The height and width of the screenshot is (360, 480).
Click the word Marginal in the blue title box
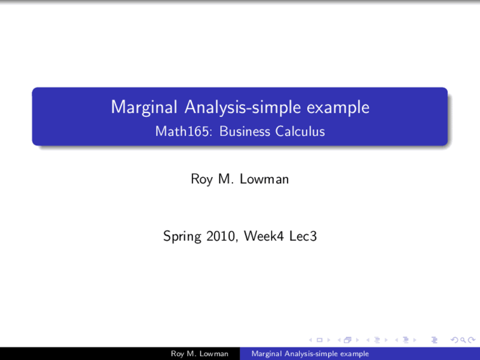click(144, 108)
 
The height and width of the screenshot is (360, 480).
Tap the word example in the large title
click(338, 108)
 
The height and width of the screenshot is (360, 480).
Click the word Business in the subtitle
click(244, 132)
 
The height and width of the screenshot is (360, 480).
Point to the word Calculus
click(300, 132)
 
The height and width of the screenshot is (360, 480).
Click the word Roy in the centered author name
click(202, 179)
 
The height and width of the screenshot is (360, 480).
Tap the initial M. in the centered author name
click(226, 179)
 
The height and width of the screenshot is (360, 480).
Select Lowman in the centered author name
click(264, 179)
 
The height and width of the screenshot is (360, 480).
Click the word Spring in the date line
click(182, 237)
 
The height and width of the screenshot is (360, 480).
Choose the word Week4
click(264, 236)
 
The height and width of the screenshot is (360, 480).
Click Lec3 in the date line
click(303, 236)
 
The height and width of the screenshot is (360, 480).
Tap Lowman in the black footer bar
click(214, 354)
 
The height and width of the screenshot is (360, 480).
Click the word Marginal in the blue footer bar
click(267, 354)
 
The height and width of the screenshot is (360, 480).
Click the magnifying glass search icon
click(463, 340)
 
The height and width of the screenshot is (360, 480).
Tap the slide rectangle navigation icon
click(319, 340)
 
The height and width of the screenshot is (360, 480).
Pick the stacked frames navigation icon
click(348, 340)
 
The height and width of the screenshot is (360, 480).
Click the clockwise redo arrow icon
click(471, 340)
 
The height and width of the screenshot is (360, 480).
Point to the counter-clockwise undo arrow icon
click(454, 340)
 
